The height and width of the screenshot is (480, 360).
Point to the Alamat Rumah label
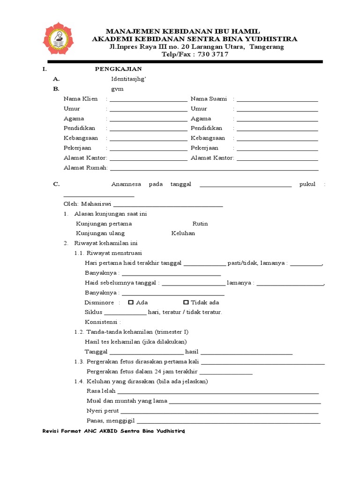(85, 168)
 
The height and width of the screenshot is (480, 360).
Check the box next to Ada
(131, 302)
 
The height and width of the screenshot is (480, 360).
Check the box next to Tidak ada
(186, 302)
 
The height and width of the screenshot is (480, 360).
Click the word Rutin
(200, 224)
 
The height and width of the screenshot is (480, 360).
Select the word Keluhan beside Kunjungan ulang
(183, 233)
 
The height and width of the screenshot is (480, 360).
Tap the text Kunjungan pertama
(104, 224)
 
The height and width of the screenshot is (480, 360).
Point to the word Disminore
(99, 302)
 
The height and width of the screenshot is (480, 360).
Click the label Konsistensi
(103, 322)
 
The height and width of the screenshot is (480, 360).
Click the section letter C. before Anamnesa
(56, 184)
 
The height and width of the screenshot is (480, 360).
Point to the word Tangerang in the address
(267, 47)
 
